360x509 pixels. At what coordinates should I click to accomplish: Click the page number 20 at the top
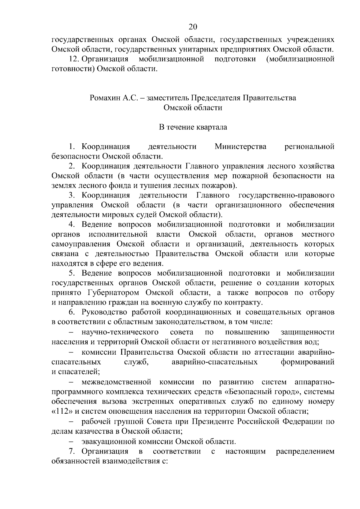[x=193, y=27]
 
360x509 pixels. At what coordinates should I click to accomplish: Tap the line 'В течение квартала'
[x=193, y=127]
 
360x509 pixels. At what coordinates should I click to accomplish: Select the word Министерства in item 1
[x=241, y=147]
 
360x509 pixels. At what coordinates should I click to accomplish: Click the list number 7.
[x=72, y=451]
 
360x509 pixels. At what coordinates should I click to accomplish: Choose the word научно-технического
[x=120, y=332]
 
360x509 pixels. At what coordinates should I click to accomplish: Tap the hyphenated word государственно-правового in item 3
[x=286, y=196]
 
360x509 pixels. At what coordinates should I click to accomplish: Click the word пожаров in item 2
[x=220, y=186]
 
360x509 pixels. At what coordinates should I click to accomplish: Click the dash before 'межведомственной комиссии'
[x=71, y=382]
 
